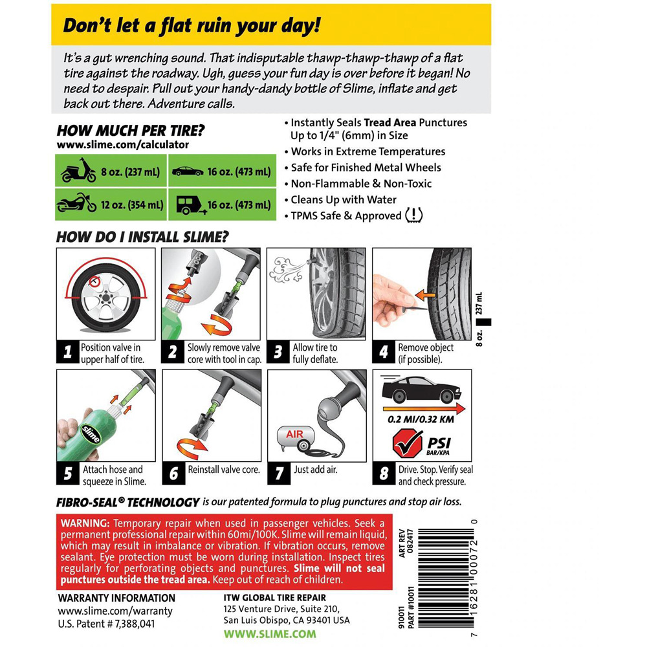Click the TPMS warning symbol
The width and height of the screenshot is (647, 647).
[x=413, y=215]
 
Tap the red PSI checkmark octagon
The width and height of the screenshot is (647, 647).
[x=406, y=446]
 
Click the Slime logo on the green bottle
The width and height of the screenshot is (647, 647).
[x=91, y=433]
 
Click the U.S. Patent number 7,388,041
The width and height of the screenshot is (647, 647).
[x=107, y=624]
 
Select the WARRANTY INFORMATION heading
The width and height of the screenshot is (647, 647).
[x=116, y=598]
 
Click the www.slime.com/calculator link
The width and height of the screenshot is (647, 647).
[x=113, y=145]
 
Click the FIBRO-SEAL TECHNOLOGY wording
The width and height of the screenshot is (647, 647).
[x=127, y=501]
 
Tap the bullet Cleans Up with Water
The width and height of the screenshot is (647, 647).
[x=344, y=199]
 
